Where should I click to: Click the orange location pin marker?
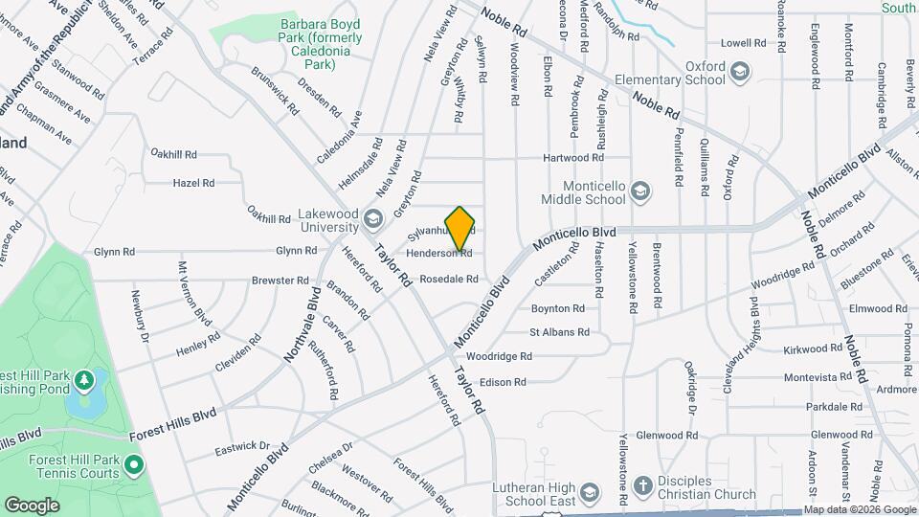(460, 228)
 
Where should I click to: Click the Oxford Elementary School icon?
(740, 72)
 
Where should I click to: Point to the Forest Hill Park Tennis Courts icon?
(133, 467)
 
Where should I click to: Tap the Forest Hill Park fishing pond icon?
(85, 381)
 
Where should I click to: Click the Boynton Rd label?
(557, 308)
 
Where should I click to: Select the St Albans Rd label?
(559, 332)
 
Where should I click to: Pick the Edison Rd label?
(504, 382)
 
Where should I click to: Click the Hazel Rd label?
(193, 182)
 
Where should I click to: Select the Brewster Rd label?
(280, 281)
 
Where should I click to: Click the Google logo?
(32, 506)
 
